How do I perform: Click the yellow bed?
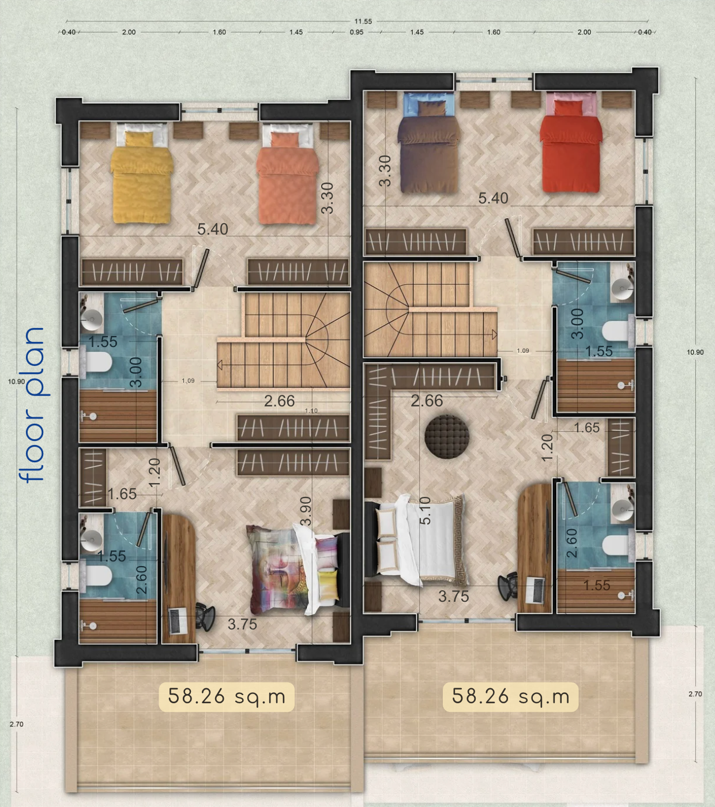[x=141, y=174]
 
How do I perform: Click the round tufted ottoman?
[x=447, y=436]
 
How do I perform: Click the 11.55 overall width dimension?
[x=363, y=21]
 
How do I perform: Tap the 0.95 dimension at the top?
[x=357, y=32]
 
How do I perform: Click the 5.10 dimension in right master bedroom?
[x=426, y=510]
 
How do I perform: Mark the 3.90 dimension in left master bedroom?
[x=306, y=511]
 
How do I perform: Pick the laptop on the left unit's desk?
[x=178, y=621]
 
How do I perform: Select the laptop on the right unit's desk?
[x=535, y=590]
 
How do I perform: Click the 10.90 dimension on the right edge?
[x=695, y=352]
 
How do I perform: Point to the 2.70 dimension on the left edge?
[x=16, y=724]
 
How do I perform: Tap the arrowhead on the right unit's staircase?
[x=495, y=334]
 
